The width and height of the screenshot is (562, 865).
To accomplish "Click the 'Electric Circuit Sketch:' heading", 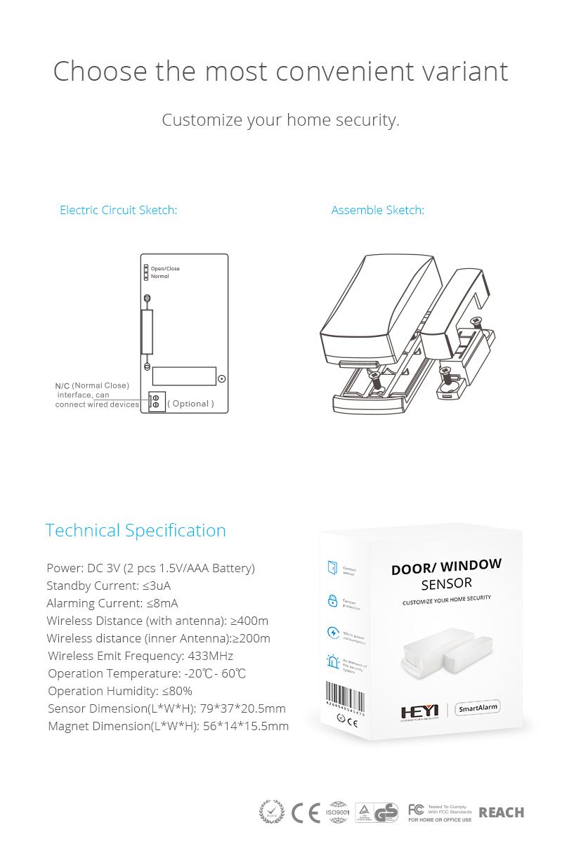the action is point(118,210).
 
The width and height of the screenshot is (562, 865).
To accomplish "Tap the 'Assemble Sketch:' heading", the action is point(377,210).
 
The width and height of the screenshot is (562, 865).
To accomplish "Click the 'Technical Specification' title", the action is point(136,530).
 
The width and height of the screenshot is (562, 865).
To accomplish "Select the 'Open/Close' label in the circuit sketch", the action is point(165,269).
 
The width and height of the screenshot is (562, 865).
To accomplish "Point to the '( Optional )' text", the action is point(190,404).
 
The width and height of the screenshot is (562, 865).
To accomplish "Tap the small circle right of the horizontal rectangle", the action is point(222,378).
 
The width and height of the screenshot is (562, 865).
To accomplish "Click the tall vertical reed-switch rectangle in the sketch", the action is point(147,331).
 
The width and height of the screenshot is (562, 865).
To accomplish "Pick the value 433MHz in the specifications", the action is point(210,656).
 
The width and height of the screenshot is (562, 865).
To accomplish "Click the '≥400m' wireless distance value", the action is point(249,621).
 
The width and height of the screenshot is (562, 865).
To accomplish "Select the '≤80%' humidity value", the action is point(177,691).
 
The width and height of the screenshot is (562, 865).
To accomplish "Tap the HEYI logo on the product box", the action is point(419,711).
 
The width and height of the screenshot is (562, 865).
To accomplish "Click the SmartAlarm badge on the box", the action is point(478,708).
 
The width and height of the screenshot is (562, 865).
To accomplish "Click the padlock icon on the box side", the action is point(333,600).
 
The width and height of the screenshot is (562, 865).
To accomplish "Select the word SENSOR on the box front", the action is point(447,583).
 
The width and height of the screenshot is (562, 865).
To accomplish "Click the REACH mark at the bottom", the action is point(501,812).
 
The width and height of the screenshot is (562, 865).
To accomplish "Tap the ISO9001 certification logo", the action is point(339,812).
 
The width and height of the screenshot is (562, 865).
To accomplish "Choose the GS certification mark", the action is point(386,812).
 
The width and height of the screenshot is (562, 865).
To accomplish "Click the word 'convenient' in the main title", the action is point(342,72).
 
